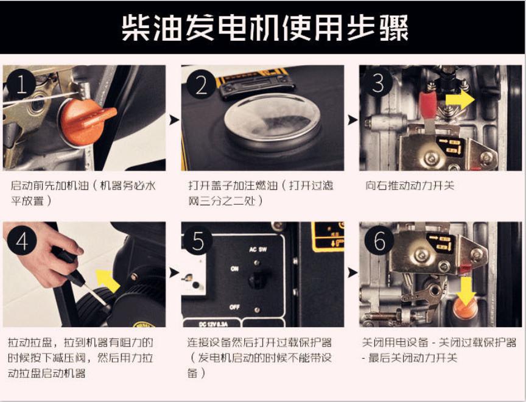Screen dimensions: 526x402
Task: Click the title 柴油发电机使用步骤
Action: (265, 27)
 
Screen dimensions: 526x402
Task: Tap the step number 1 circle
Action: (21, 85)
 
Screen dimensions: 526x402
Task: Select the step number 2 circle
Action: (202, 85)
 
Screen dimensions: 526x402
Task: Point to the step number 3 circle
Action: (378, 83)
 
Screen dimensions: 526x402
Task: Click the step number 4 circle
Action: (21, 241)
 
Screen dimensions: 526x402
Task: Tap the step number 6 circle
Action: (379, 240)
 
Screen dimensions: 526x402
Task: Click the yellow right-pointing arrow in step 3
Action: (460, 99)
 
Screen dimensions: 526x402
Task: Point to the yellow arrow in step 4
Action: (107, 280)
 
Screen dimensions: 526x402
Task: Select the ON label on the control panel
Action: (234, 269)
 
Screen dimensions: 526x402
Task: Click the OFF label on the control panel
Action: (234, 307)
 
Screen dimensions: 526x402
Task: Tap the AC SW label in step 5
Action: (258, 249)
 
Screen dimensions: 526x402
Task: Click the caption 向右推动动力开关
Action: (410, 185)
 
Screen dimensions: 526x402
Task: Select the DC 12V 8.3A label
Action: (213, 324)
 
